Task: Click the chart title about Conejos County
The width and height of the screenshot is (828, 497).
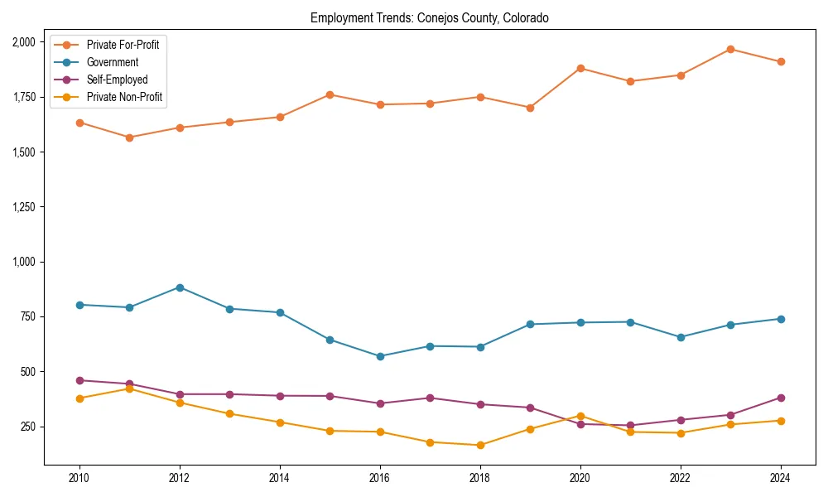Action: click(x=429, y=17)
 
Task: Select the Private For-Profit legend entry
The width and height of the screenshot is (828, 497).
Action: click(x=123, y=45)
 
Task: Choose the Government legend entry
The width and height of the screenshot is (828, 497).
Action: click(x=112, y=62)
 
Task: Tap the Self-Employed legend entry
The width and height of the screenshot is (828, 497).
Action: click(x=117, y=80)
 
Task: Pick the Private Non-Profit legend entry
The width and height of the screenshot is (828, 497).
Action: click(x=124, y=97)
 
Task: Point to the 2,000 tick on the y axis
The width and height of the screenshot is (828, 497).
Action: click(x=23, y=42)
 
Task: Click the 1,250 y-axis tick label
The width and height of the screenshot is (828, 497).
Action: click(x=23, y=207)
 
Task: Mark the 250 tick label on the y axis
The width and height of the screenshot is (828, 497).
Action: click(x=27, y=427)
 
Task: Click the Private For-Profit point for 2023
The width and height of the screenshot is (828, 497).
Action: click(x=730, y=49)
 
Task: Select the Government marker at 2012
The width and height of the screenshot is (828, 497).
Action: click(x=180, y=287)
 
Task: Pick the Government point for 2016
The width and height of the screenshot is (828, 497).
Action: click(x=380, y=356)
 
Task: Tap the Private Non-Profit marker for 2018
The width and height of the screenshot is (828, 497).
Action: click(x=480, y=445)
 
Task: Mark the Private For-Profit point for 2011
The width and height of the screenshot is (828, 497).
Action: click(x=129, y=138)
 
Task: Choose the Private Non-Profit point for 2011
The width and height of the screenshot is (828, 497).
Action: click(x=129, y=388)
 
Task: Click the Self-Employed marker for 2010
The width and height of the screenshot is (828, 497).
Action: click(x=79, y=380)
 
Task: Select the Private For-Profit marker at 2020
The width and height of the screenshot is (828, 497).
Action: click(x=580, y=68)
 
